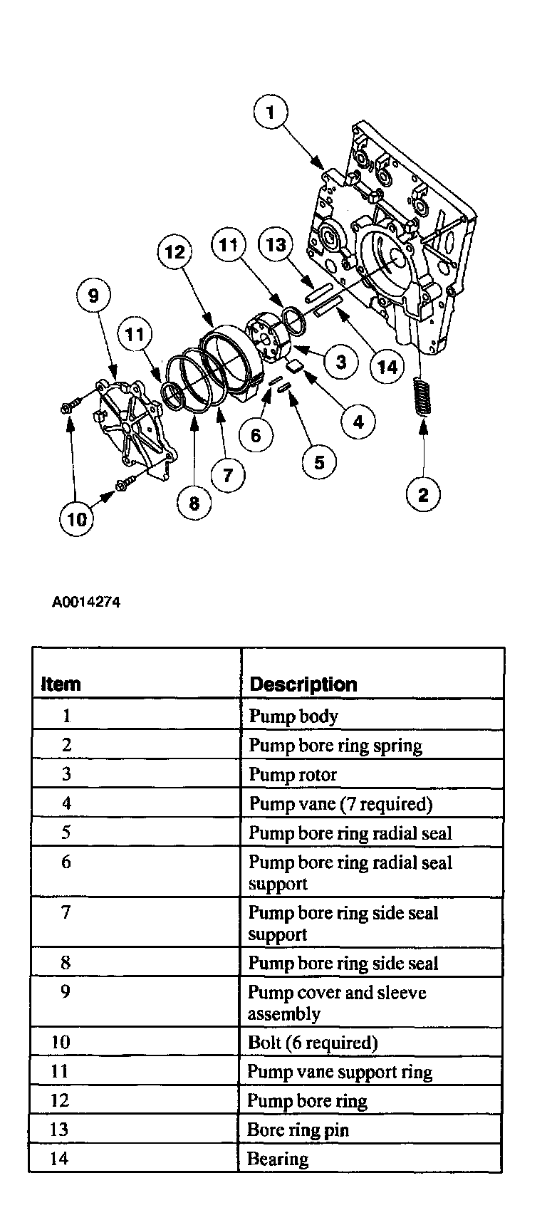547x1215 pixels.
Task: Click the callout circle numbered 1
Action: click(x=270, y=113)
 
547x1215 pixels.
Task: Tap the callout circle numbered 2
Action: click(x=423, y=494)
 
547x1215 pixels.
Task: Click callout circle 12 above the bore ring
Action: click(x=175, y=251)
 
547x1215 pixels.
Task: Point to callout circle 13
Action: click(x=276, y=245)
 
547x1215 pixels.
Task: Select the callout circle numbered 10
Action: click(x=77, y=518)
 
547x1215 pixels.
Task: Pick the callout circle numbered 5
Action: click(x=318, y=463)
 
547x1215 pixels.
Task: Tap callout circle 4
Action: click(x=358, y=422)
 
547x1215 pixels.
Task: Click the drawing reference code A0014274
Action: click(x=86, y=602)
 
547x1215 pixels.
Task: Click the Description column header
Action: click(x=303, y=684)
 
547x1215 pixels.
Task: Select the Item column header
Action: click(x=61, y=684)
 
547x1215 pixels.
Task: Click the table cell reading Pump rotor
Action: click(x=293, y=774)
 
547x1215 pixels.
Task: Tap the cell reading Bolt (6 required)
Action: click(x=312, y=1043)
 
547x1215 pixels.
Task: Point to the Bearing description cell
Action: click(x=278, y=1159)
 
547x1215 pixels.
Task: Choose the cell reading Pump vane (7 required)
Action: click(x=340, y=803)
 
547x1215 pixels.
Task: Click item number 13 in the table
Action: click(x=59, y=1130)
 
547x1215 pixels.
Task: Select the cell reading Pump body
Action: click(x=293, y=716)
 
